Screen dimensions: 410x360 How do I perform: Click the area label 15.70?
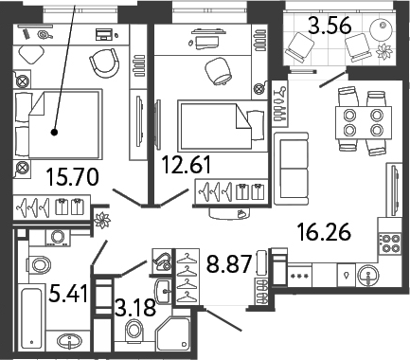(x=72, y=177)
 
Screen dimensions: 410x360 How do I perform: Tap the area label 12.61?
(x=186, y=165)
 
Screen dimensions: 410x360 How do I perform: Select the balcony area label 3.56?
(x=330, y=26)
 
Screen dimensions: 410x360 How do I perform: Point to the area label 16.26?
(x=324, y=232)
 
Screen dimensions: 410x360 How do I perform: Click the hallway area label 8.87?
(x=229, y=264)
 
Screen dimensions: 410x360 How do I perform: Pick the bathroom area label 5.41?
(x=68, y=293)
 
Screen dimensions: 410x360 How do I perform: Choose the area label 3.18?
(x=135, y=308)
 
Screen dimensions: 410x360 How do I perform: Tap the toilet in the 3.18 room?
(x=134, y=330)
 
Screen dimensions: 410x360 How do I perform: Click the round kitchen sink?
(x=367, y=275)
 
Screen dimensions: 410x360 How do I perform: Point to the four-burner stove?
(x=391, y=243)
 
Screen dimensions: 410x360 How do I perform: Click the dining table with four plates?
(x=364, y=122)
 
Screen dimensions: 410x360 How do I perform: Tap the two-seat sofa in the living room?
(x=291, y=169)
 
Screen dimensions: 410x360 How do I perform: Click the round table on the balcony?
(x=381, y=28)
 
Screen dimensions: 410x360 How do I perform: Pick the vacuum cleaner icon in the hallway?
(x=162, y=261)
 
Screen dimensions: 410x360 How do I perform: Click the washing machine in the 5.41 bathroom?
(x=58, y=238)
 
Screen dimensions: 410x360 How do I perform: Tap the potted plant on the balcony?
(x=384, y=51)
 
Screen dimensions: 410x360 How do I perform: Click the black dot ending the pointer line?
(x=55, y=133)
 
